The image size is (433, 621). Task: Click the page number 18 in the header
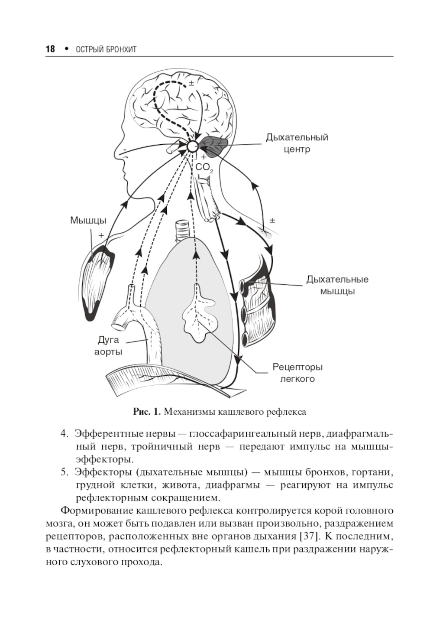click(50, 49)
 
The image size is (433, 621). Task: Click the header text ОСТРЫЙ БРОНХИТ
click(106, 49)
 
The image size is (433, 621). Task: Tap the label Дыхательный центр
click(297, 143)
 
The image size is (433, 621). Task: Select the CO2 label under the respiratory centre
click(204, 168)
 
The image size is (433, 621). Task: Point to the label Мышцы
click(88, 221)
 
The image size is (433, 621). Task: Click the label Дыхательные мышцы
click(337, 285)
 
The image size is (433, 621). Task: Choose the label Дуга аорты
click(108, 346)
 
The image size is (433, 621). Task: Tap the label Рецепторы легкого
click(297, 373)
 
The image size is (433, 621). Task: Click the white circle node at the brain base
click(192, 146)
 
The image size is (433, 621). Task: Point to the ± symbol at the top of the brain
click(191, 83)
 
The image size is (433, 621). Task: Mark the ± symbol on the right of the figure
click(272, 221)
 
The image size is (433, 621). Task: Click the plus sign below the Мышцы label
click(101, 235)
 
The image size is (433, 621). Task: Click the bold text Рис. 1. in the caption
click(147, 412)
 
